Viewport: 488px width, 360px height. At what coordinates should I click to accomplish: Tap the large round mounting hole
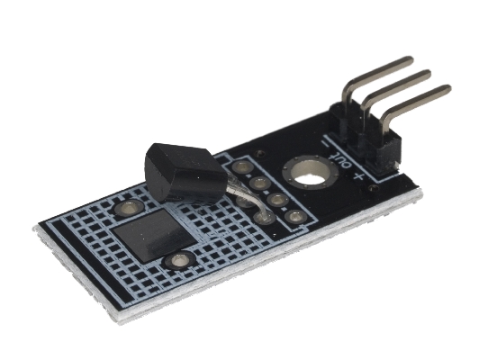(311, 173)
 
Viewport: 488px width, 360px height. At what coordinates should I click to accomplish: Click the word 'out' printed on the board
(341, 158)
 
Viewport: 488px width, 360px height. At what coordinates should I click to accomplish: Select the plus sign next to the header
(358, 176)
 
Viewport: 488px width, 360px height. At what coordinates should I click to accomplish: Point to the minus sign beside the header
(325, 145)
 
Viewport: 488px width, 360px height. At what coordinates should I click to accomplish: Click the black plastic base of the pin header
(366, 137)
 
